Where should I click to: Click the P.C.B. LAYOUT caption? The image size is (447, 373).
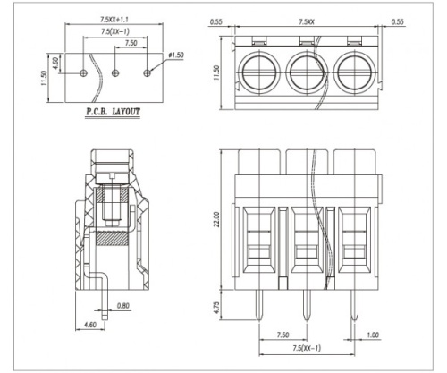113,112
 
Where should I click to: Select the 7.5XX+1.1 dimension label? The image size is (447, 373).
114,20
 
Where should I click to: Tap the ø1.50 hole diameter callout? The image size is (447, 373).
176,55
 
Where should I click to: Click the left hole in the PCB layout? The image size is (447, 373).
84,72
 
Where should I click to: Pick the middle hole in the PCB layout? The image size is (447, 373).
115,72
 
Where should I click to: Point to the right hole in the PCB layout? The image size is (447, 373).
148,72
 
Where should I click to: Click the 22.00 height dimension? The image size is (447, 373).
216,219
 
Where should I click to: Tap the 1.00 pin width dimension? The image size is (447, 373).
373,335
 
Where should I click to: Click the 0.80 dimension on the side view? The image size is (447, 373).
123,306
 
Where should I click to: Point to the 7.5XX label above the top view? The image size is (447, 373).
307,21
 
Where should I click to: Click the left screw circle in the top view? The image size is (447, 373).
258,72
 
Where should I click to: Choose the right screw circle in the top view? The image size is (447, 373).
354,72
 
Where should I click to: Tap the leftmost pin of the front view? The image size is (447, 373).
259,305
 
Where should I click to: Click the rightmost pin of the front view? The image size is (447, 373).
354,305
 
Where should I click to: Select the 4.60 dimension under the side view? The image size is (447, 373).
90,325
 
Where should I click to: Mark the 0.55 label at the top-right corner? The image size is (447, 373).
397,21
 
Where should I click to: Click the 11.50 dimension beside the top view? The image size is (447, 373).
216,72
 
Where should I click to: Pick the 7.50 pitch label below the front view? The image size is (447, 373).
283,335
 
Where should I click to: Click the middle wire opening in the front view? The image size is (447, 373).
307,241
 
